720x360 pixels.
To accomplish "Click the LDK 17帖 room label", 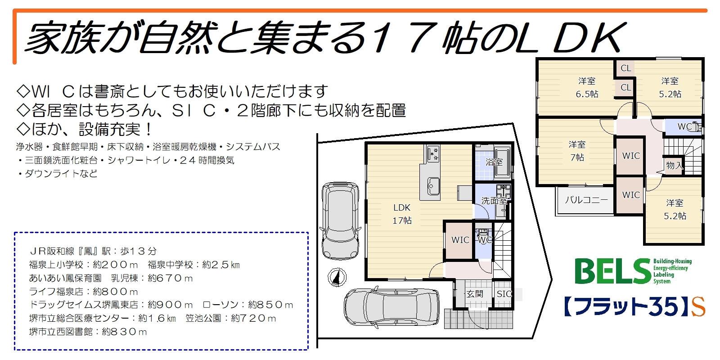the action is (x=402, y=214).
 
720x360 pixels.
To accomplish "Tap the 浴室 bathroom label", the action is (x=494, y=162).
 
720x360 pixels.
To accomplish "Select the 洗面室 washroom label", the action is (x=494, y=201).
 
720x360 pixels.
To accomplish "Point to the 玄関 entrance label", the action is (x=475, y=294).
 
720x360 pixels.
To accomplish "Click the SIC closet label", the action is (x=504, y=294).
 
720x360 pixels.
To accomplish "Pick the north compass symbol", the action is (x=337, y=277).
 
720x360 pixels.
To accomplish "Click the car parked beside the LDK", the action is (x=340, y=221).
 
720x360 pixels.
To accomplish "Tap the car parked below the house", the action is (x=391, y=307).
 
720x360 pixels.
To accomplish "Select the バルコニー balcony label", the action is (x=586, y=200).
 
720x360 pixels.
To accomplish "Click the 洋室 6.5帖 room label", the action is (x=587, y=87).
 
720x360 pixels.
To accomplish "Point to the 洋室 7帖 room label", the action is (x=577, y=151).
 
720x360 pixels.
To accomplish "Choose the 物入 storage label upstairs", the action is (x=675, y=166).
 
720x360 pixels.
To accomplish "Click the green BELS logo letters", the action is (x=613, y=271).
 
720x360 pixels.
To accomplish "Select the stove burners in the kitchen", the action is (x=433, y=153).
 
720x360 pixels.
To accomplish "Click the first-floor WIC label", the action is (x=460, y=240).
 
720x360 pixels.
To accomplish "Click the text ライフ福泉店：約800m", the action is (x=84, y=292).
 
